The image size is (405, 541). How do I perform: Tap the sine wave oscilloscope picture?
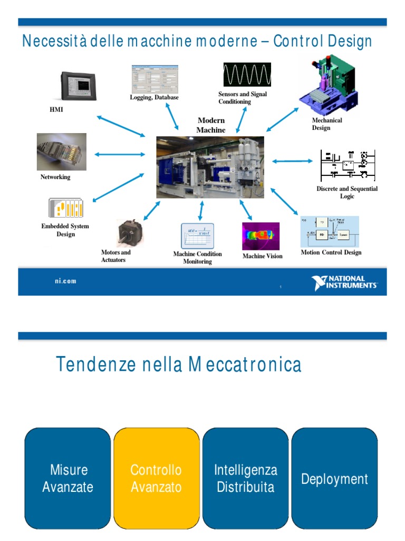[247, 74]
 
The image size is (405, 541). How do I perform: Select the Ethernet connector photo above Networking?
[61, 152]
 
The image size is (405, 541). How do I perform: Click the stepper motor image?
[129, 232]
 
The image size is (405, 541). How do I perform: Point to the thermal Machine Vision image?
[261, 236]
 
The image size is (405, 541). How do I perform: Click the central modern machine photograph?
[210, 167]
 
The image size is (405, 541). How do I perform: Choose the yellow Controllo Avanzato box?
[156, 478]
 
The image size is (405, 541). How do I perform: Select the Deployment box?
[334, 479]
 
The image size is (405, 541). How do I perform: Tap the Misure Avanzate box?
[68, 478]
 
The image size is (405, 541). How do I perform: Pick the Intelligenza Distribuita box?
[245, 478]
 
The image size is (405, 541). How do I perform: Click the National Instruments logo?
[344, 283]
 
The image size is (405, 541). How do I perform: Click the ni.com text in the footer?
[65, 281]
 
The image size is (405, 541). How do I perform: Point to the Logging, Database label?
[154, 97]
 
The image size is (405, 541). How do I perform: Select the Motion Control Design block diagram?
[330, 231]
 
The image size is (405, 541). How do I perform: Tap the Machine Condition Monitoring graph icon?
[197, 236]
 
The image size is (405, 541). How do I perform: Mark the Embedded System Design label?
[65, 230]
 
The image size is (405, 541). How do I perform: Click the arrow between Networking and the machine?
[120, 154]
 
